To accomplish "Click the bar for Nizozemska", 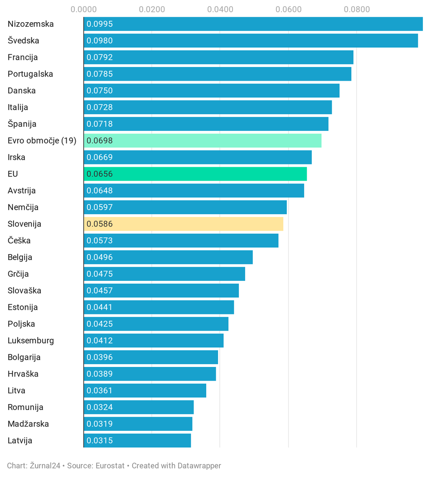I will click(x=253, y=24).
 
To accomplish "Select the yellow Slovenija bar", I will click(x=184, y=224).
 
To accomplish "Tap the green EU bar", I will click(x=195, y=174).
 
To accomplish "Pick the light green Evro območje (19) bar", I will click(x=203, y=140).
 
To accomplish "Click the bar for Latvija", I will click(x=137, y=440).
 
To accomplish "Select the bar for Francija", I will click(x=218, y=57).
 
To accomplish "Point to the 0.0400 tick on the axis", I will click(x=220, y=9).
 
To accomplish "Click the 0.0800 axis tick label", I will click(x=357, y=9).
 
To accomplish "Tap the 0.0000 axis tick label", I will click(x=84, y=9).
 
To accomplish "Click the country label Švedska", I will click(x=24, y=41).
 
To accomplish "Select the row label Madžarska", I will click(x=28, y=424).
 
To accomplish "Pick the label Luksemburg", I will click(x=31, y=341).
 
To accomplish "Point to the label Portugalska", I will click(x=30, y=74).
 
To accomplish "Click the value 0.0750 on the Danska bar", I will click(x=100, y=91).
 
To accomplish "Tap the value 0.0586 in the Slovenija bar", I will click(x=100, y=224).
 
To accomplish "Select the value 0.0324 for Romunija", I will click(x=100, y=407).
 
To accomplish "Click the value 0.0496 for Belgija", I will click(x=100, y=257).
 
